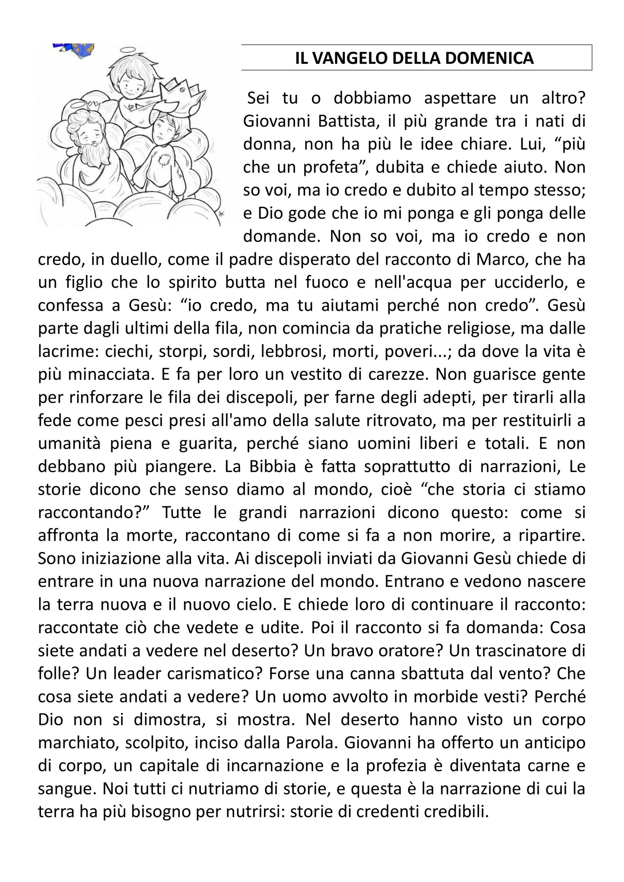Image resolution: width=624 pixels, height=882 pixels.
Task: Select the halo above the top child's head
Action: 127,50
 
